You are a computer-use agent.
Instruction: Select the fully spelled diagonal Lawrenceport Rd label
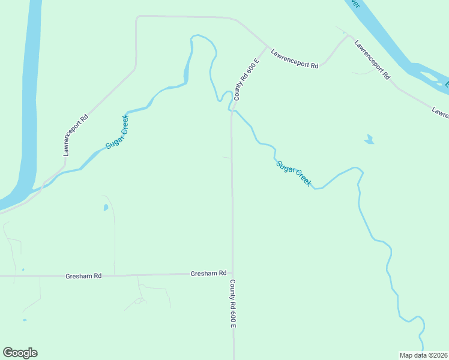(x=372, y=61)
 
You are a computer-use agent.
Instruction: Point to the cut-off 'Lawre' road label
(x=440, y=112)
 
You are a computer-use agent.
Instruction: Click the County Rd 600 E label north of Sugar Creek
(x=246, y=79)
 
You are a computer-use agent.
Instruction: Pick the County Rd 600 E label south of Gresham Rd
(x=232, y=304)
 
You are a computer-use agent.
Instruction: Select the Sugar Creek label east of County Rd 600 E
(x=294, y=173)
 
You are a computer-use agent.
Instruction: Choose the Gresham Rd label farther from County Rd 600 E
(x=83, y=276)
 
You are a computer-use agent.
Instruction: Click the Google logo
(x=20, y=353)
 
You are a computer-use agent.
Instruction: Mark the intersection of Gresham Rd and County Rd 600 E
(x=232, y=274)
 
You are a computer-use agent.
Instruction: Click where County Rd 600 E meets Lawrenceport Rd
(x=267, y=46)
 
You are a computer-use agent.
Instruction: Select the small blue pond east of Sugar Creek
(x=369, y=140)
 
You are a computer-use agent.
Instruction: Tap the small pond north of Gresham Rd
(x=106, y=208)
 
